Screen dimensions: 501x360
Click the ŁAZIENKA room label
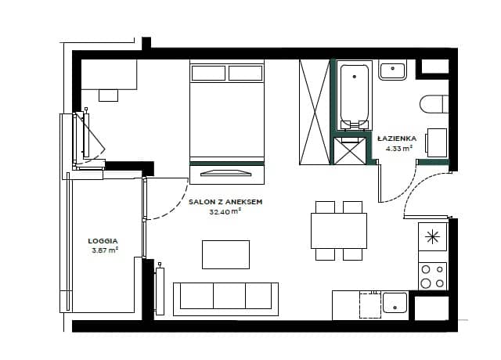pyautogui.click(x=397, y=139)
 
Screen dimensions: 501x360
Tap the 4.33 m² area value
pyautogui.click(x=398, y=148)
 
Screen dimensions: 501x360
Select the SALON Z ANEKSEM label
pyautogui.click(x=225, y=202)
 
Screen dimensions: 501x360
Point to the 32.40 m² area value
pyautogui.click(x=225, y=211)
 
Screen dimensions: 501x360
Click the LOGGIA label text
pyautogui.click(x=103, y=241)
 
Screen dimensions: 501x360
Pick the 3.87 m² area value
pyautogui.click(x=105, y=250)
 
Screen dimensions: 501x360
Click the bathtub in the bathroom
pyautogui.click(x=354, y=95)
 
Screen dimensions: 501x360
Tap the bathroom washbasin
pyautogui.click(x=393, y=71)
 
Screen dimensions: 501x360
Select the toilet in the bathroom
pyautogui.click(x=434, y=104)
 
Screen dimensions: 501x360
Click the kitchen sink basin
pyautogui.click(x=395, y=303)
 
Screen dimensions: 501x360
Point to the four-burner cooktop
pyautogui.click(x=432, y=276)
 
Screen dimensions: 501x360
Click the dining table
pyautogui.click(x=339, y=231)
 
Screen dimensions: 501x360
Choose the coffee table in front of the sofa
pyautogui.click(x=225, y=254)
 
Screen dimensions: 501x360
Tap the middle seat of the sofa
pyautogui.click(x=229, y=296)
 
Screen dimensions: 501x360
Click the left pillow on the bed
pyautogui.click(x=208, y=73)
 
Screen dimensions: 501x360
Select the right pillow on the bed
pyautogui.click(x=245, y=73)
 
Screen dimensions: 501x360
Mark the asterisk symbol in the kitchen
pyautogui.click(x=432, y=236)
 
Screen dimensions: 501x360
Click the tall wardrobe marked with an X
pyautogui.click(x=314, y=112)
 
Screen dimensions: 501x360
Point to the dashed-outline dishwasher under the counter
pyautogui.click(x=370, y=304)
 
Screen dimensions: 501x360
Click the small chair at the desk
pyautogui.click(x=108, y=95)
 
